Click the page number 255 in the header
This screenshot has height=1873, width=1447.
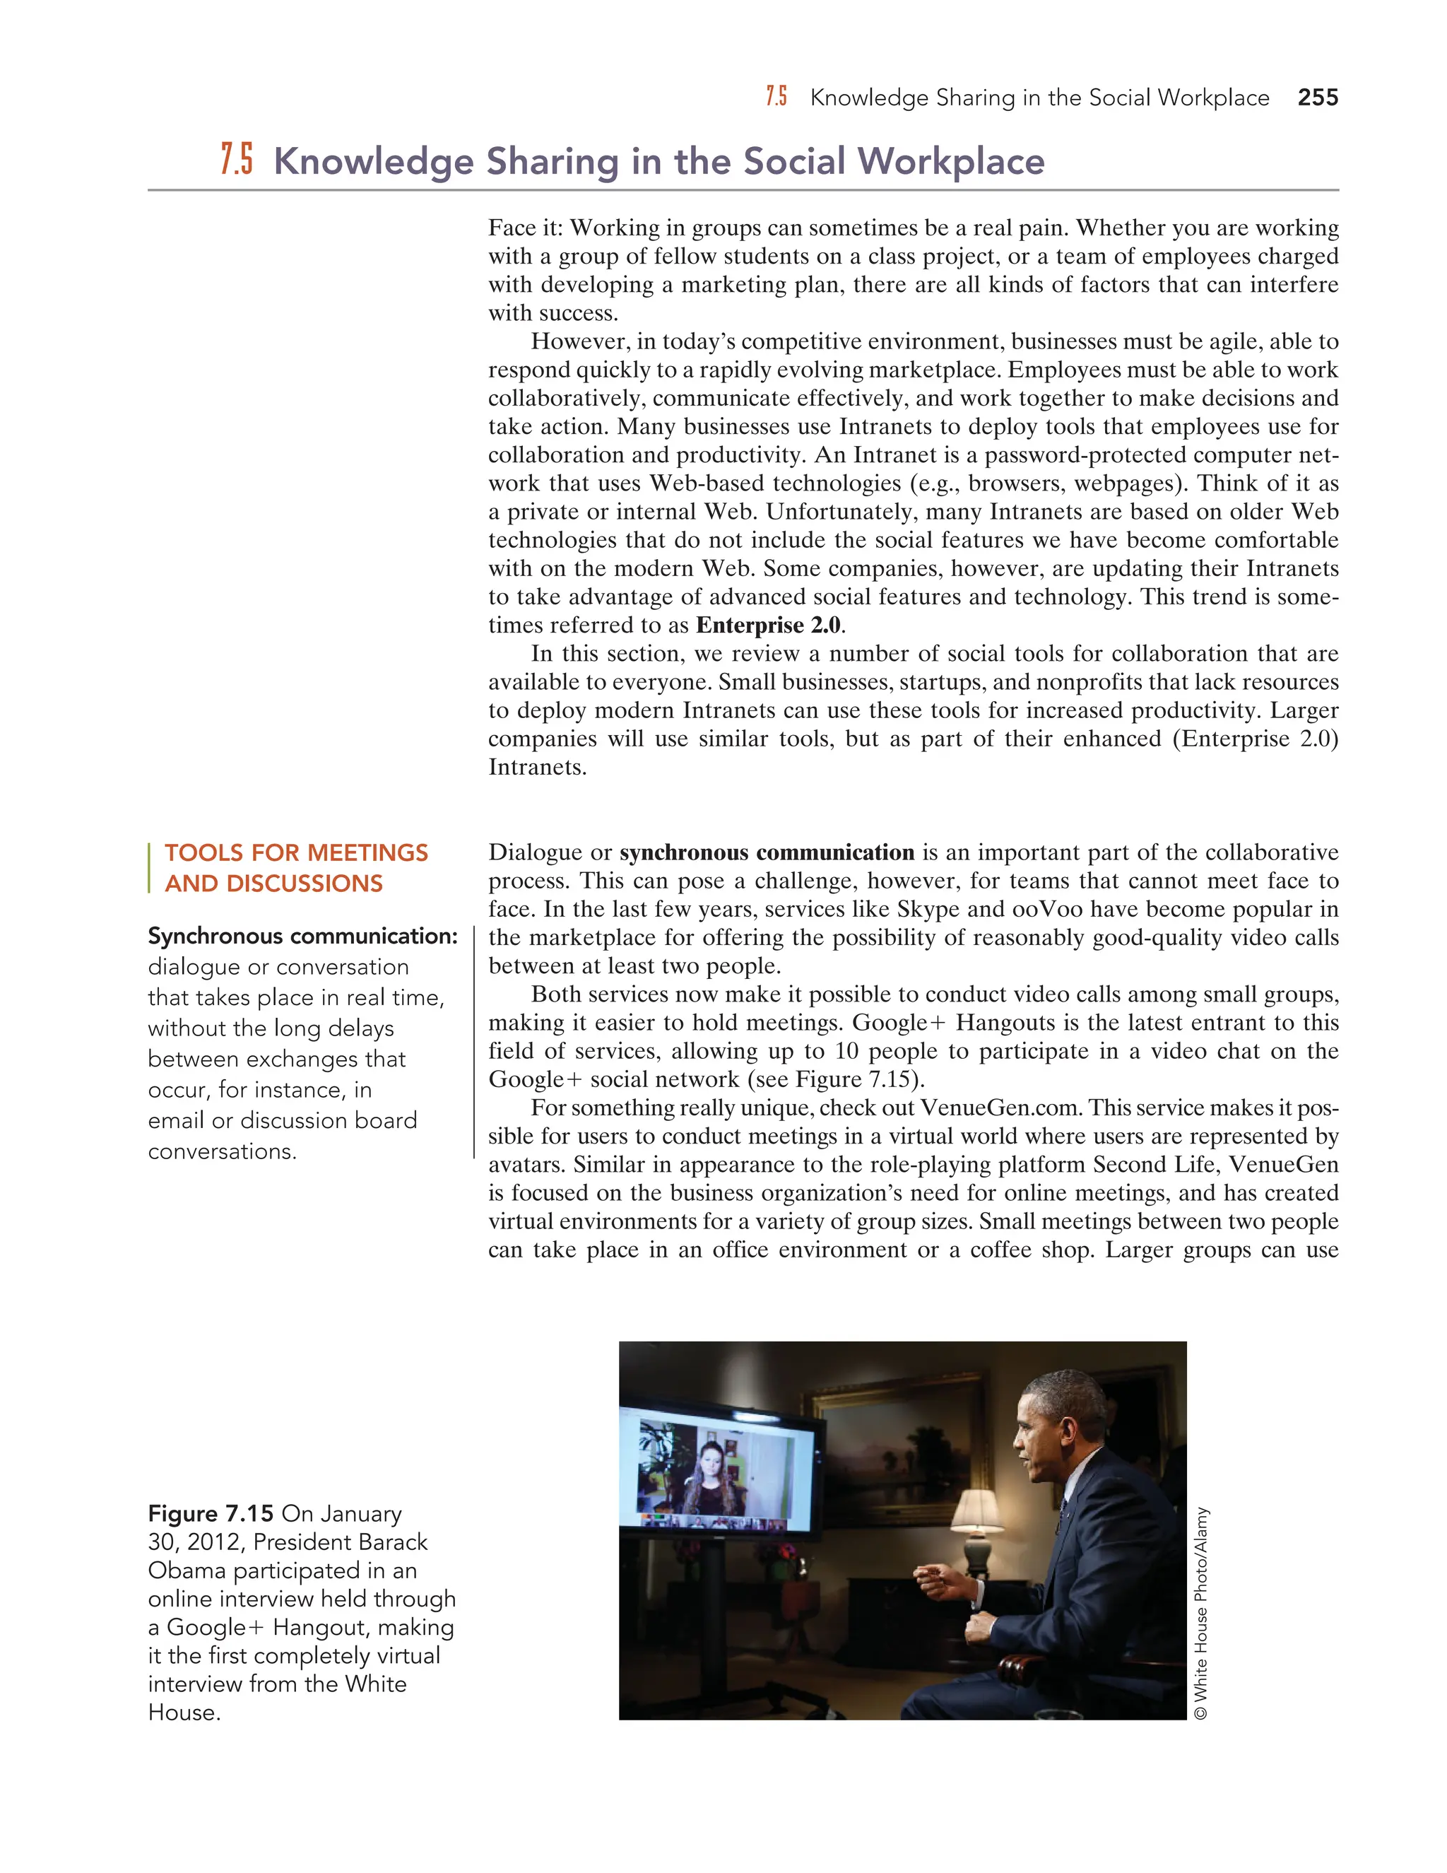[x=1318, y=98]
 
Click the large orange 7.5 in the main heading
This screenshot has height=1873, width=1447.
[x=237, y=160]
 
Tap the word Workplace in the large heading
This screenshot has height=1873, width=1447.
[x=951, y=161]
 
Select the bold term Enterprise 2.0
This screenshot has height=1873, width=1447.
[x=769, y=626]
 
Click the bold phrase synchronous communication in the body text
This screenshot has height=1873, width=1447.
[x=767, y=852]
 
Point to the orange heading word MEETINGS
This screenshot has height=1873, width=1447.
[x=367, y=852]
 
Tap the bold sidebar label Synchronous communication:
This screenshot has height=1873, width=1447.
[x=302, y=936]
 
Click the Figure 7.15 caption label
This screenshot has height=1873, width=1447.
[x=210, y=1514]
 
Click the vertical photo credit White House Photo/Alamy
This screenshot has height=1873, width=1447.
[x=1201, y=1612]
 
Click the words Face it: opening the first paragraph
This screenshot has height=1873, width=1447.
[x=526, y=228]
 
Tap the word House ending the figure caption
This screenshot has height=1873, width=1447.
[x=184, y=1713]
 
